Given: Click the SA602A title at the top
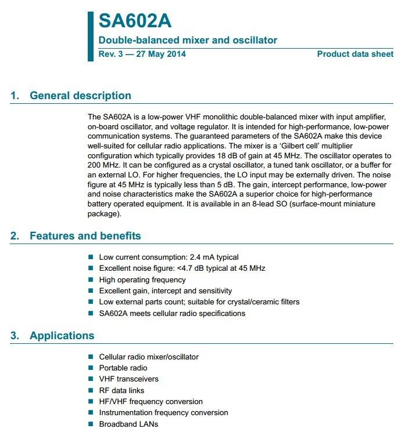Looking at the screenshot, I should pyautogui.click(x=134, y=21).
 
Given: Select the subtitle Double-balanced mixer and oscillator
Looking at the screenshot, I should pyautogui.click(x=188, y=41).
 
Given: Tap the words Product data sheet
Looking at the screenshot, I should pyautogui.click(x=355, y=54).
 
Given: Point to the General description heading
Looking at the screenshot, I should pyautogui.click(x=80, y=96).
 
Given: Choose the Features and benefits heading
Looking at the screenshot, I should pyautogui.click(x=85, y=236).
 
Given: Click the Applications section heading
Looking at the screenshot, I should pyautogui.click(x=62, y=336).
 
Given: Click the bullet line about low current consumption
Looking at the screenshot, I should pyautogui.click(x=169, y=257).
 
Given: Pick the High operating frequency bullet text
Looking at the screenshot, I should pyautogui.click(x=142, y=279).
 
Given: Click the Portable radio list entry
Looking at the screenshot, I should pyautogui.click(x=123, y=368).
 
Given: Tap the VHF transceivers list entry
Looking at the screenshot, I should pyautogui.click(x=128, y=379).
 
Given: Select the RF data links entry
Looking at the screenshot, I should pyautogui.click(x=121, y=391).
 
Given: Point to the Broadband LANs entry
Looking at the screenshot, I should pyautogui.click(x=128, y=424).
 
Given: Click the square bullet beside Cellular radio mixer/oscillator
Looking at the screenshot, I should pyautogui.click(x=91, y=357).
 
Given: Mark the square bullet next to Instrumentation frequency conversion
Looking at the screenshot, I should pyautogui.click(x=91, y=413).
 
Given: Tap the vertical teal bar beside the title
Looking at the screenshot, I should pyautogui.click(x=90, y=35).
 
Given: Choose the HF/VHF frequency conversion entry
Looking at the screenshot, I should pyautogui.click(x=151, y=402).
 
